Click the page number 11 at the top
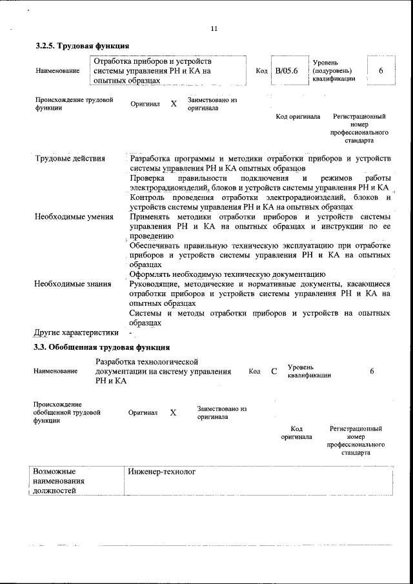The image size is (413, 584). coord(214,28)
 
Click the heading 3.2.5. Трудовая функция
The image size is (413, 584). coord(83,46)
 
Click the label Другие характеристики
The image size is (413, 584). coord(76,333)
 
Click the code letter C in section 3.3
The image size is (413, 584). coord(274,371)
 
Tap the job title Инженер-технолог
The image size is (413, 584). coord(161,472)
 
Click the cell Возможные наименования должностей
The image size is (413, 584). coord(59,481)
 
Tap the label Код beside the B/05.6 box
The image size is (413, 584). coord(261,70)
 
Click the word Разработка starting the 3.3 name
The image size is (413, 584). coord(116,362)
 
